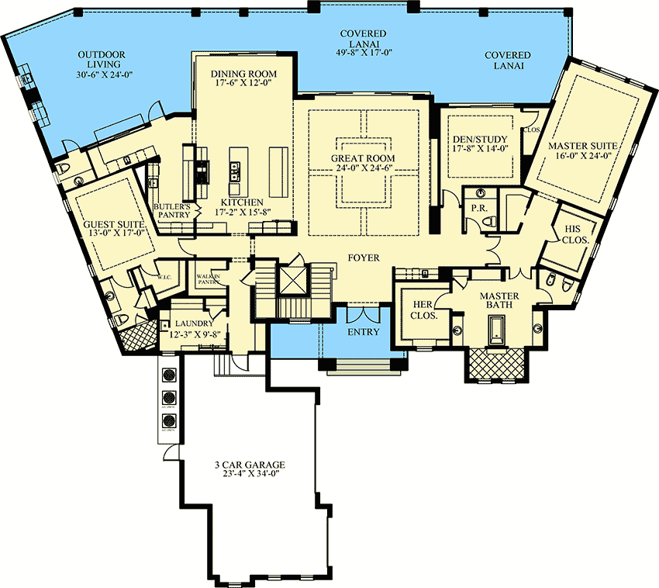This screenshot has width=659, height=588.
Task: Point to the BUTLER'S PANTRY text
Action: tap(171, 211)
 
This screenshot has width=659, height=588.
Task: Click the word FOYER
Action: tap(363, 258)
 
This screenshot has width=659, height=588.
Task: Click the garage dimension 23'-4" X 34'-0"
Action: tap(250, 476)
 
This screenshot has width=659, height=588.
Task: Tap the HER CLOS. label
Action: tap(423, 310)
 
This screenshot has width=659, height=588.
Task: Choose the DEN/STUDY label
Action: tap(479, 141)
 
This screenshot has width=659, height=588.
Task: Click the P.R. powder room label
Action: tap(478, 209)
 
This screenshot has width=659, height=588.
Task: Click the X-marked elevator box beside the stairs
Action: tap(292, 280)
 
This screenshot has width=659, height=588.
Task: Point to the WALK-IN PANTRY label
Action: tap(209, 279)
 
